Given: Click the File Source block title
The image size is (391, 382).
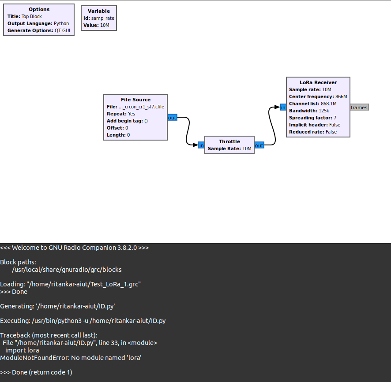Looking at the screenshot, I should pos(135,100).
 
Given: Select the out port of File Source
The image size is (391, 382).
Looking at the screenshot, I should pos(172,118).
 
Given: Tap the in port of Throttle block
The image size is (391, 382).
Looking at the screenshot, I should pos(201,145).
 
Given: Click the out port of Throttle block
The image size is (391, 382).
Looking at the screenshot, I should pos(259,145).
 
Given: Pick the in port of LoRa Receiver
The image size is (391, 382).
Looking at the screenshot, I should pos(283,107).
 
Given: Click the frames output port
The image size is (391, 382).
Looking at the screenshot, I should pos(359,108).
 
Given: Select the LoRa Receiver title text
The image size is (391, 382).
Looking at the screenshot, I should pos(318,82).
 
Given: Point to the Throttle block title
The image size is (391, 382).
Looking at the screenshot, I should pos(229,141).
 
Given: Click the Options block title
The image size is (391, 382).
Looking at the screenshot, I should pos(39,9).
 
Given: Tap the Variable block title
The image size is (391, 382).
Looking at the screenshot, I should pos(99,11).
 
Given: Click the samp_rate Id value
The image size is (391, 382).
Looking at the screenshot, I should pos(103,18).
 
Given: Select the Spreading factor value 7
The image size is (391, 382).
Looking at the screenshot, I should pos(335,118).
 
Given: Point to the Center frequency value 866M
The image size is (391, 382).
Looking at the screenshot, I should pos(341,96).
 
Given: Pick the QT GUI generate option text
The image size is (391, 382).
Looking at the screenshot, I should pos(64,31).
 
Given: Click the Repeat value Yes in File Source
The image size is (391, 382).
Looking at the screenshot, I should pos(132,114).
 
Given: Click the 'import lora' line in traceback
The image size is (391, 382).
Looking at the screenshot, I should pos(22,350).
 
